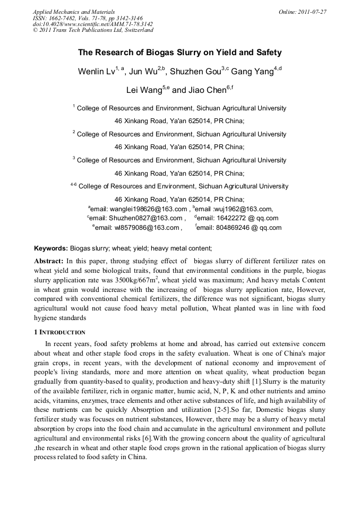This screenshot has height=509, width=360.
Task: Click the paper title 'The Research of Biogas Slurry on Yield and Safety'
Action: click(x=179, y=53)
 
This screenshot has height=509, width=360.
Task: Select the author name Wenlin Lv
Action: click(x=98, y=72)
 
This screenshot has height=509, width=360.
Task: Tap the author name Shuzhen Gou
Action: click(x=189, y=72)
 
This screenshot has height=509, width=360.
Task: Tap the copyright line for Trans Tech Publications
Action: click(x=93, y=30)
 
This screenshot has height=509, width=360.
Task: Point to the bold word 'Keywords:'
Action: click(x=51, y=248)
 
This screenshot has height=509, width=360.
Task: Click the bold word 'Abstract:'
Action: click(x=49, y=261)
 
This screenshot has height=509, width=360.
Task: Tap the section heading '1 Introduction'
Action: click(x=59, y=332)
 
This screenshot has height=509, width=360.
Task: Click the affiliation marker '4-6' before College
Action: click(x=74, y=185)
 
